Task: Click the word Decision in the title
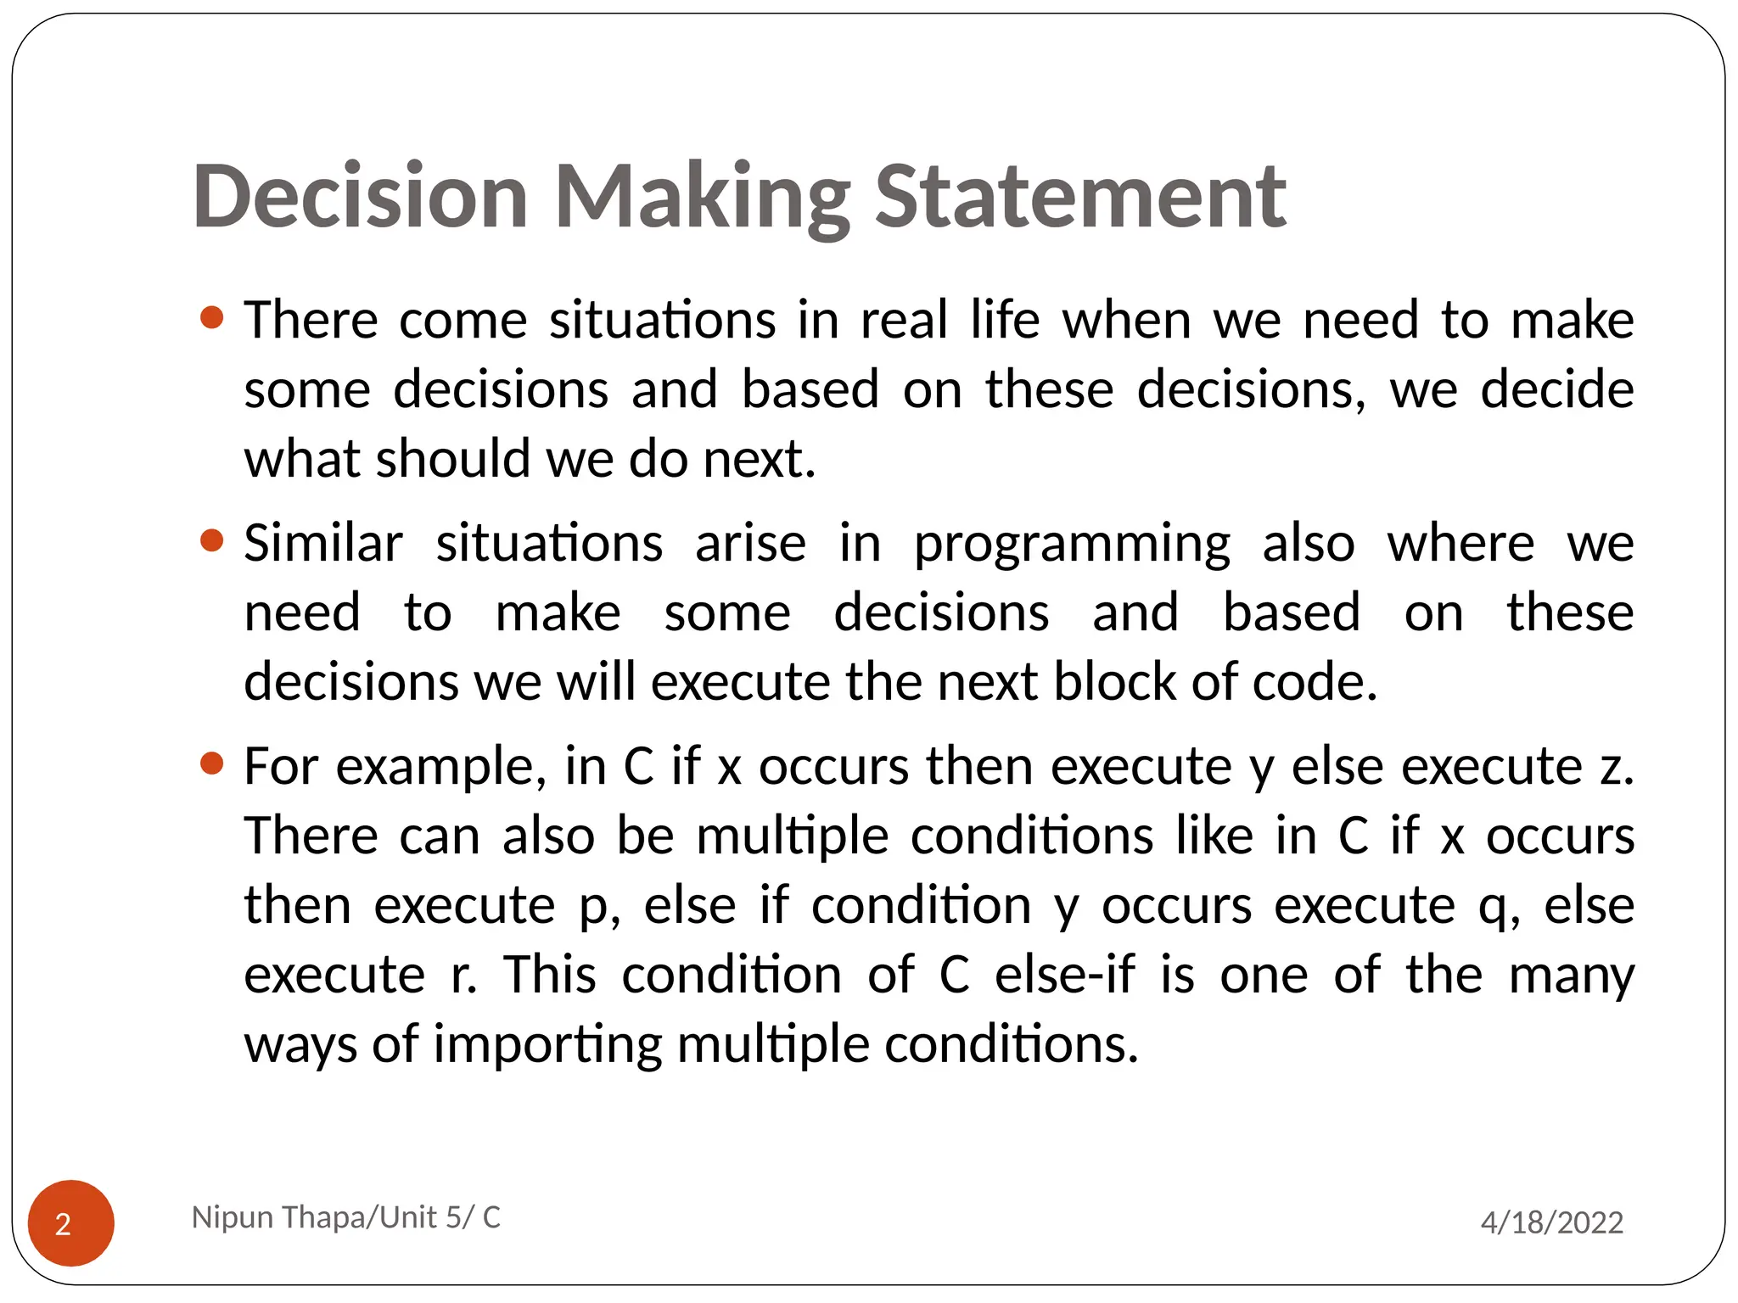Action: point(361,197)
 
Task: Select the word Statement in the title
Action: point(1079,197)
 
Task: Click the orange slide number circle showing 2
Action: point(71,1222)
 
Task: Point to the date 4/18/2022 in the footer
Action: point(1551,1222)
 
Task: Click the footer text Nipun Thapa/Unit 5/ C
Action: point(346,1217)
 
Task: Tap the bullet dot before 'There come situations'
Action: point(211,318)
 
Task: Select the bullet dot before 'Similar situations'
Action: point(211,540)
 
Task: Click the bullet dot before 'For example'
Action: point(211,763)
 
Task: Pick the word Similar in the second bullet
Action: point(323,544)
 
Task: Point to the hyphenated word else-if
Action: point(1064,974)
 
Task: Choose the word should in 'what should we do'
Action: point(452,459)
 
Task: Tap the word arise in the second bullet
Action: point(750,544)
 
